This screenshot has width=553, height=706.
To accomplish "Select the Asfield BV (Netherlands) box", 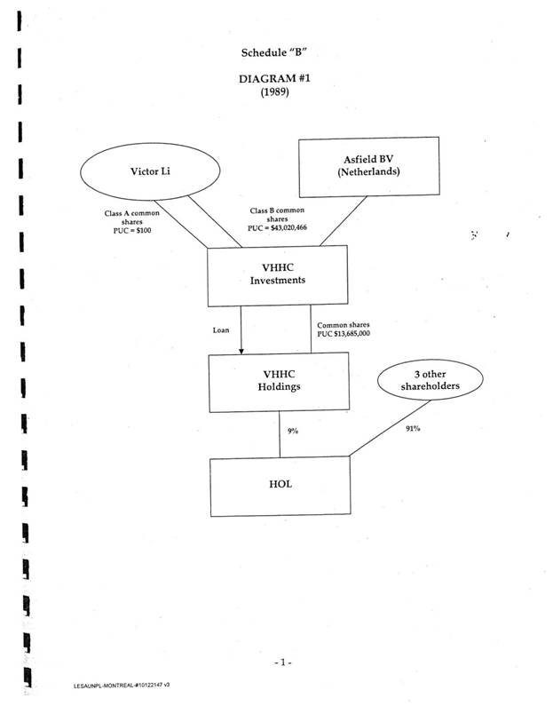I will [368, 166].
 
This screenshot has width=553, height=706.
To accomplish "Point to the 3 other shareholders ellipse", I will [431, 379].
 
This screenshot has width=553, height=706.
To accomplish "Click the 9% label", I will [293, 432].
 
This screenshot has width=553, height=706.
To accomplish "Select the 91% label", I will [412, 428].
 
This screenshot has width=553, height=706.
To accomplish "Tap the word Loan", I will [221, 329].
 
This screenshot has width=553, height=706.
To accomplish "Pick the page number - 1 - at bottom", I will [282, 662].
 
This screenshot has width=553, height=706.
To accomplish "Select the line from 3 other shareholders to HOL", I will [382, 434].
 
